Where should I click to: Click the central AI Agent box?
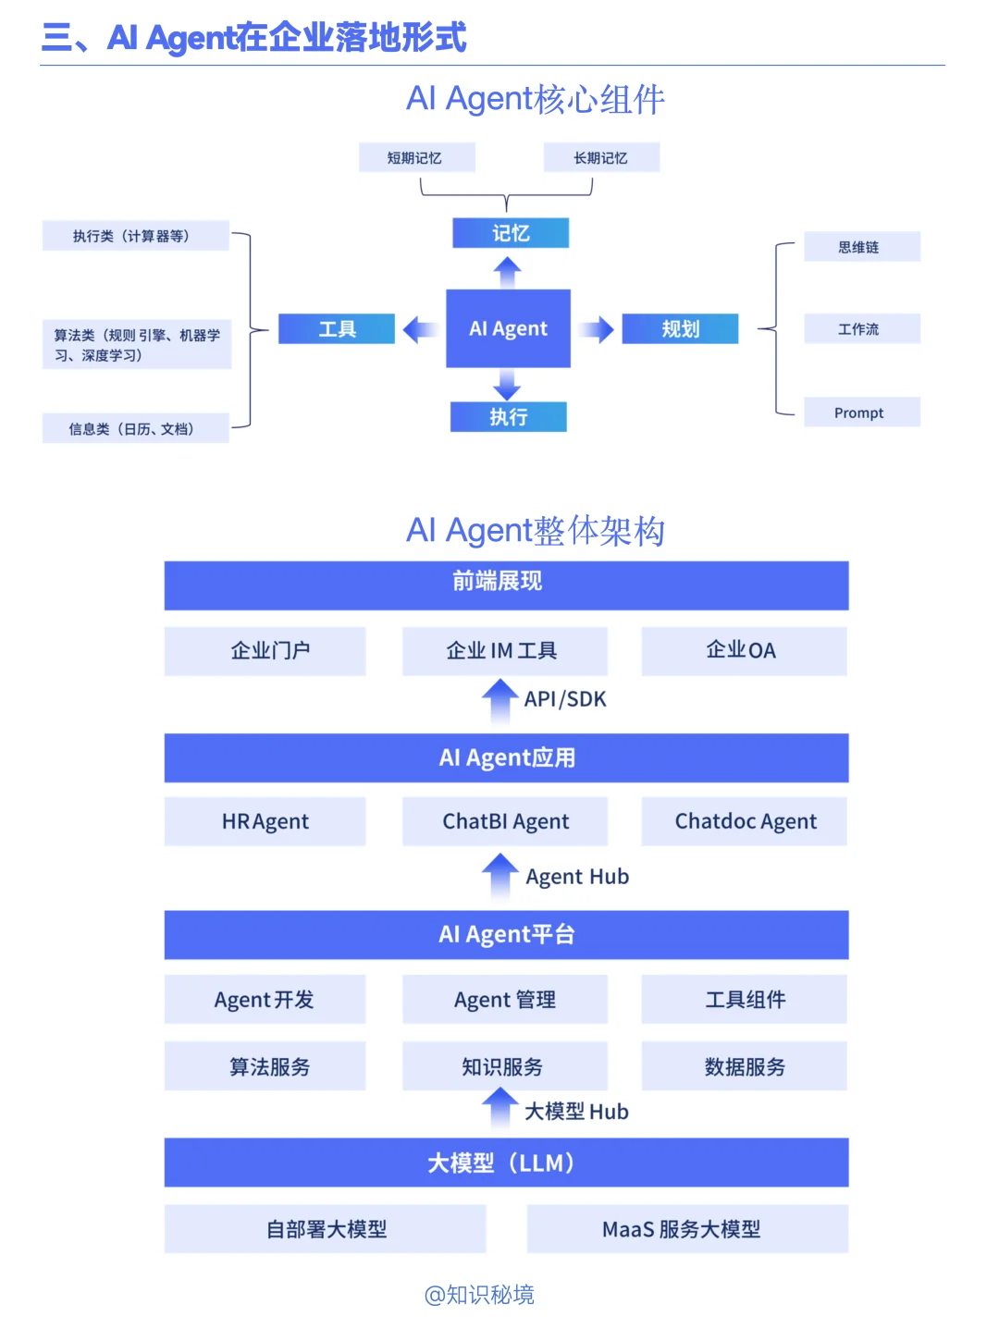508,328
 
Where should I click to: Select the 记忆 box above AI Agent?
510,233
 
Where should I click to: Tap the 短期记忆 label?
416,158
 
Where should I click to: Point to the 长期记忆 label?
601,158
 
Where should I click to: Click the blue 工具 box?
337,328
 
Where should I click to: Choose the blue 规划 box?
680,328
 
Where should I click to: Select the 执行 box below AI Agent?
508,417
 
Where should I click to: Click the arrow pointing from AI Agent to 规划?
597,329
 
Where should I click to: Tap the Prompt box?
861,412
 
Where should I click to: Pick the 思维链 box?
861,247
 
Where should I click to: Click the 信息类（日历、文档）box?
135,428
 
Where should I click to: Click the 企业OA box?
744,651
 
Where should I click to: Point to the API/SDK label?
565,699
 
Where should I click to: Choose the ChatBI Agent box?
505,821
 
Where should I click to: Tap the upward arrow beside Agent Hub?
500,874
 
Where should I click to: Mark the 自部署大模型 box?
326,1229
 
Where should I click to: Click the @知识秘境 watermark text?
479,1295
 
